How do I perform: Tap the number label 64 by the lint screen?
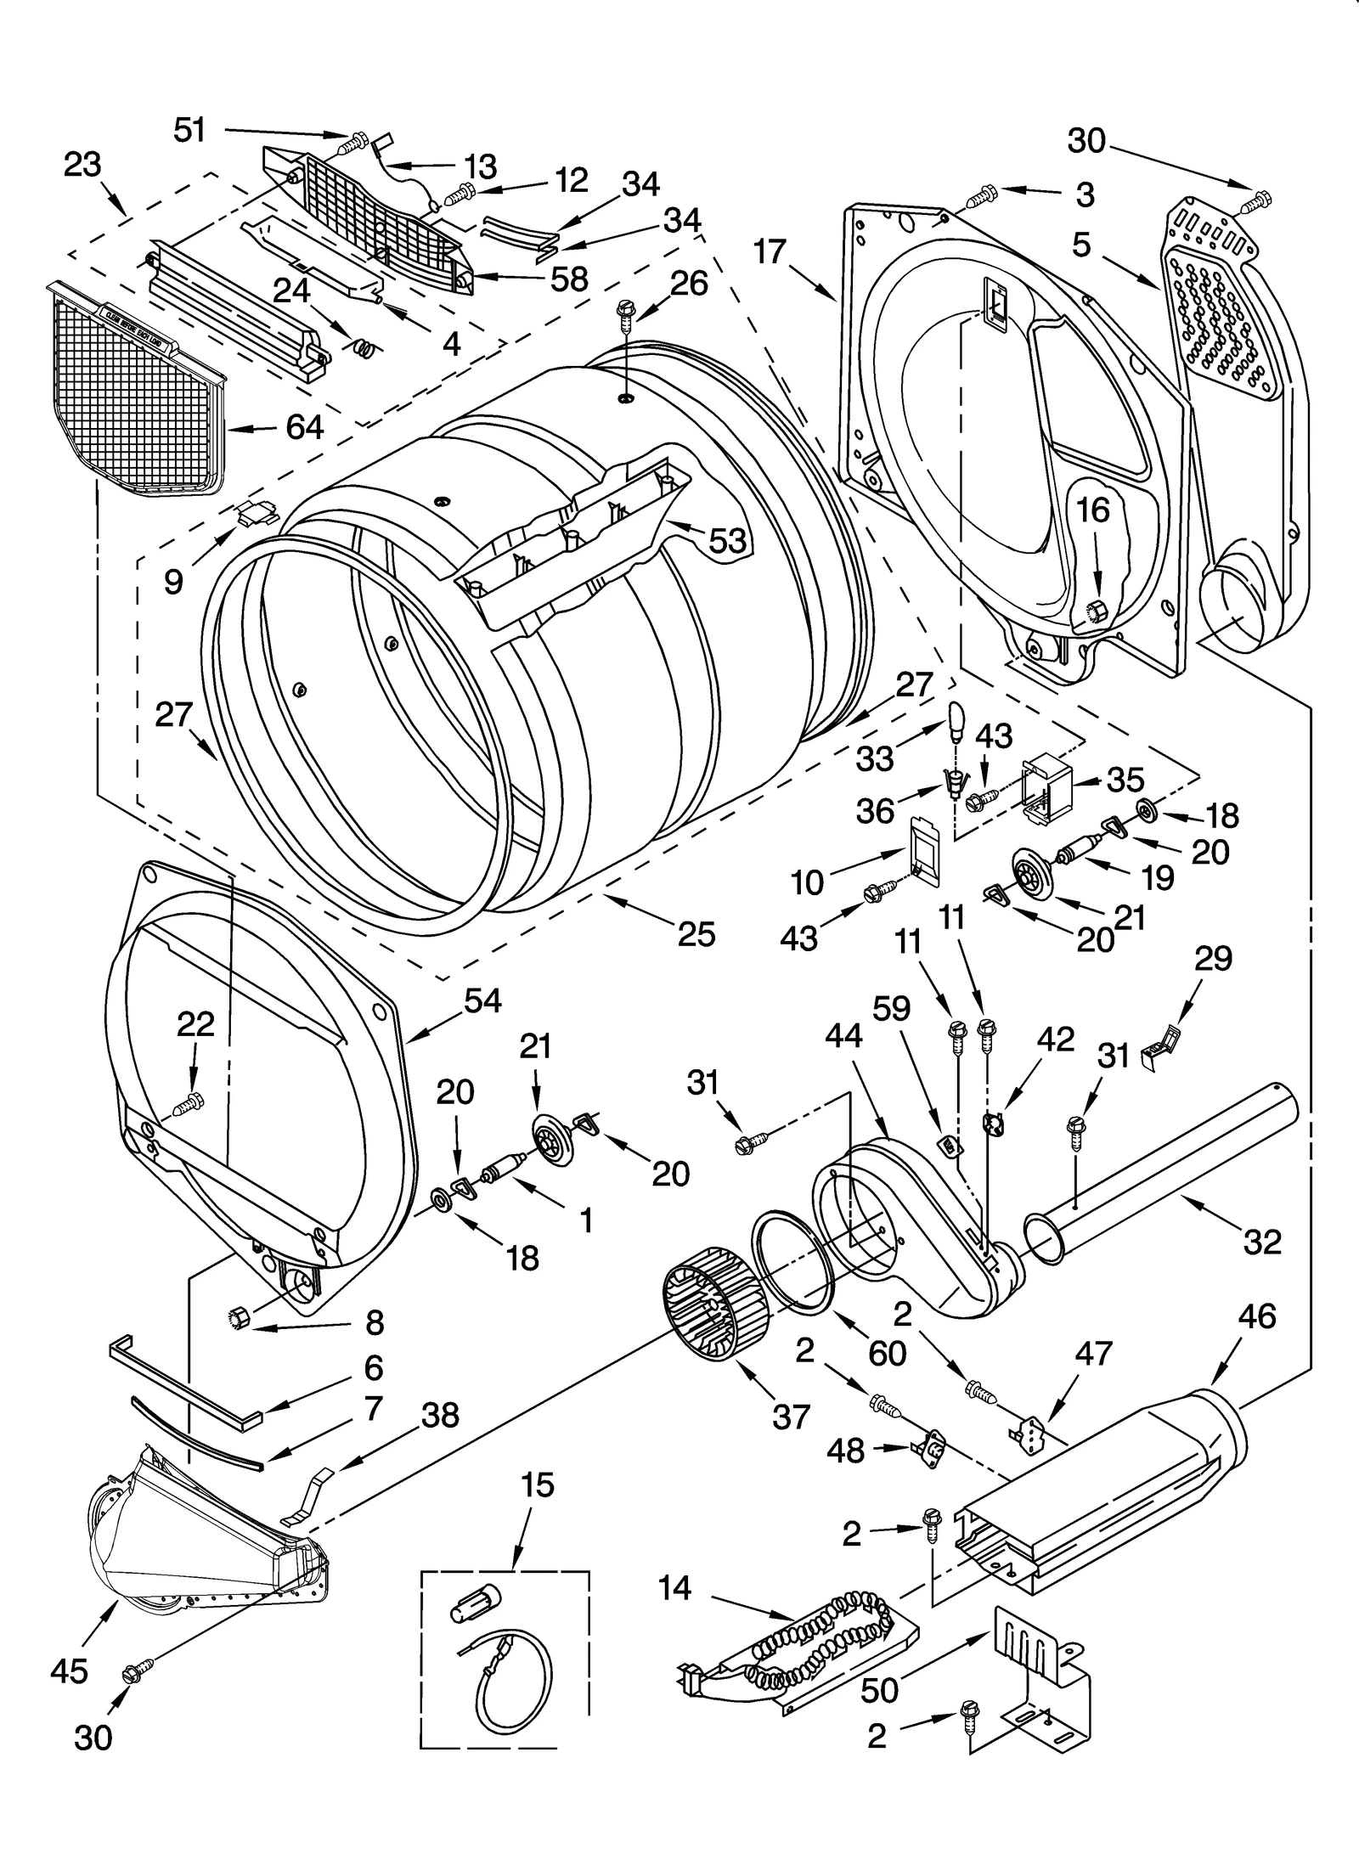[303, 427]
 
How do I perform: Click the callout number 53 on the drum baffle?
[727, 540]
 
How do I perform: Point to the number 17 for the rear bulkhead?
[770, 252]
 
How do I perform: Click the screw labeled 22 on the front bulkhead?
[189, 1105]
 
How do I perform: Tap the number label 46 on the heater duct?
[1256, 1316]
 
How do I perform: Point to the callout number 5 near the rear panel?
[1081, 245]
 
